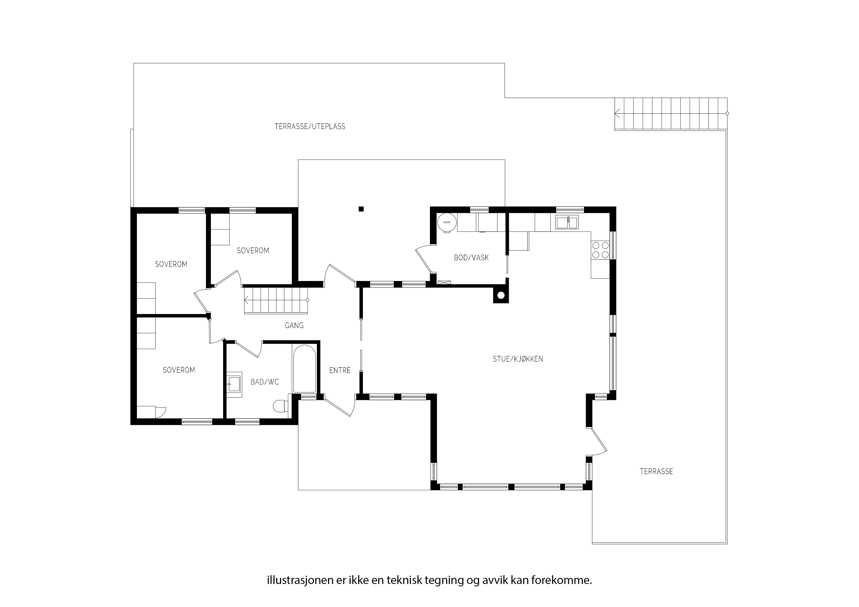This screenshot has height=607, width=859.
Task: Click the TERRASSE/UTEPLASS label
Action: point(310,126)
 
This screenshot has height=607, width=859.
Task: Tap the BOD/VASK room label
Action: point(471,258)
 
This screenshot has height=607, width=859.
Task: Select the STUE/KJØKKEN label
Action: point(518,359)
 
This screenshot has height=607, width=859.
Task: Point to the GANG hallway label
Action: point(294,325)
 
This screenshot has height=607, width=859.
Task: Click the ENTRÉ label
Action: point(340,370)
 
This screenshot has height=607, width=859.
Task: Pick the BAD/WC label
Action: point(264,382)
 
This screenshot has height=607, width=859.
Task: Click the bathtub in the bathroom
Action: point(304,369)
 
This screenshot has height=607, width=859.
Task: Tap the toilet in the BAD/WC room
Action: point(281,406)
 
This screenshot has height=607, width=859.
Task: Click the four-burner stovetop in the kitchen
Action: point(600,250)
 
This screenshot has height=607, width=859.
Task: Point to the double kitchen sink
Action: point(567,222)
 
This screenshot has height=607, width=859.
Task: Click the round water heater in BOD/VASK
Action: point(447,222)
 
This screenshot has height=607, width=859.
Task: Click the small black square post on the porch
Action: point(361,209)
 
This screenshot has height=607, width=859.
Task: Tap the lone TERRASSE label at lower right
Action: point(656,472)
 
